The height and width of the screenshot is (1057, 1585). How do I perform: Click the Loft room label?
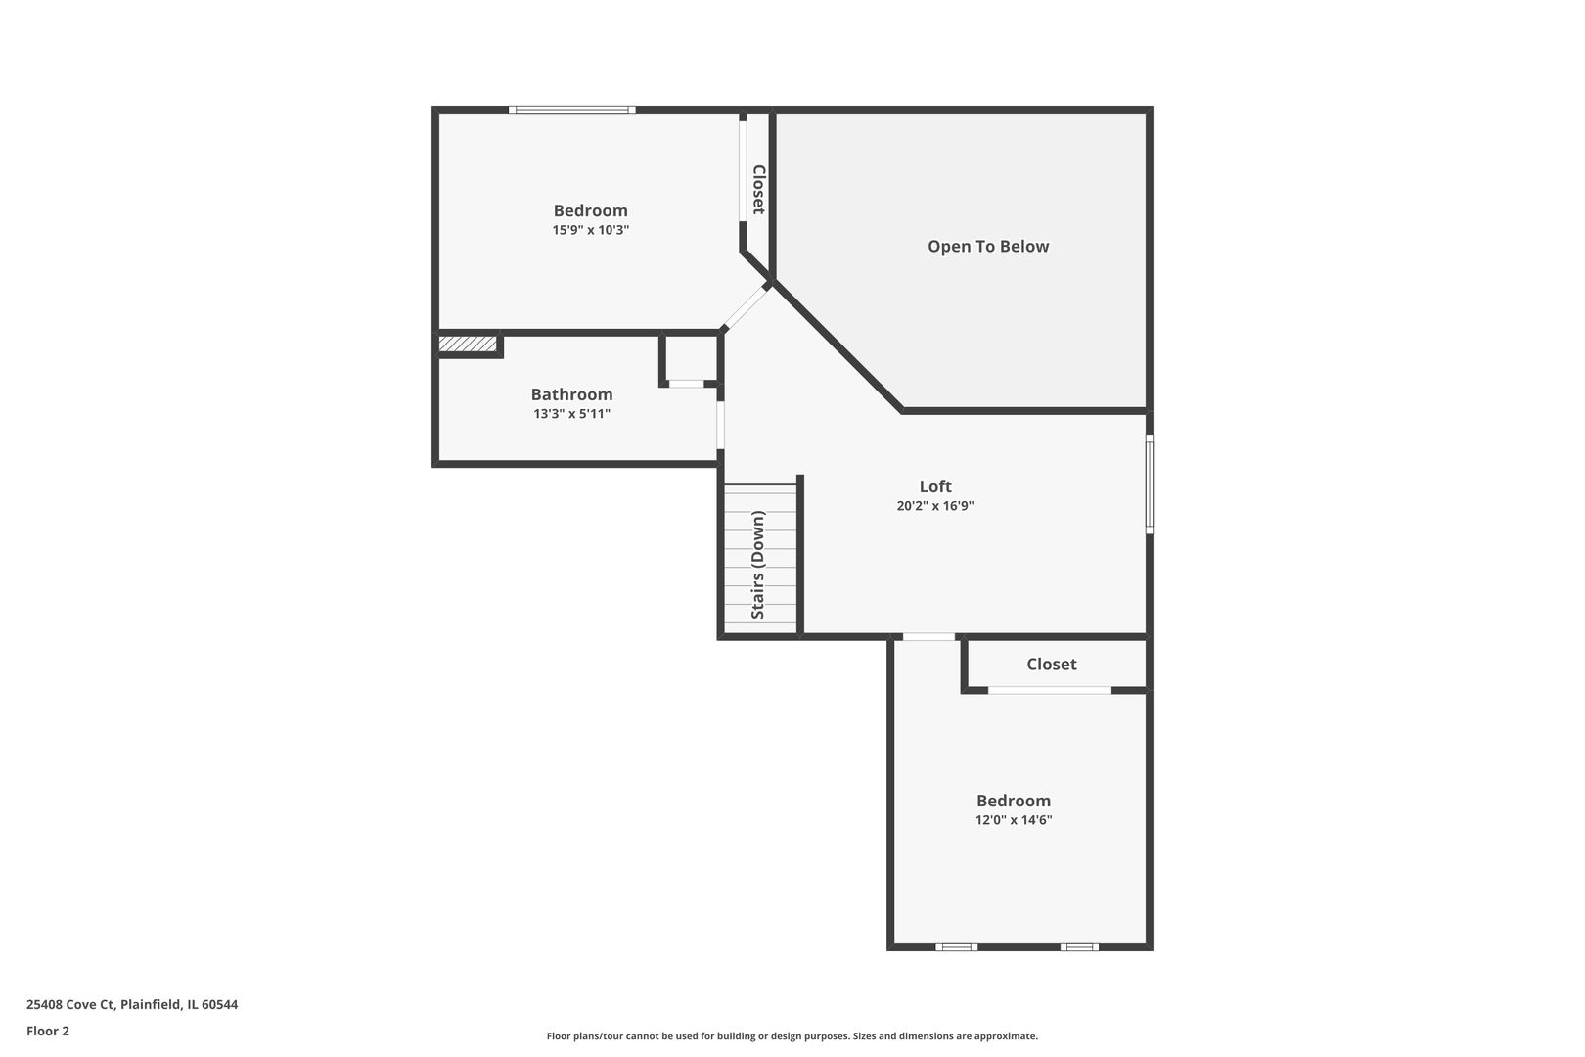[x=934, y=486]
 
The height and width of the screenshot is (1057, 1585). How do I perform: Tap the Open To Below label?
[x=988, y=247]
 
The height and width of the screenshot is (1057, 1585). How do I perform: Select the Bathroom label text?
[x=571, y=394]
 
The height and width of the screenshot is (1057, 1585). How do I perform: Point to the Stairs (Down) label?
[x=758, y=565]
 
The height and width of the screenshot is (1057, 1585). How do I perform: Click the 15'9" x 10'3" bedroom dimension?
[x=590, y=230]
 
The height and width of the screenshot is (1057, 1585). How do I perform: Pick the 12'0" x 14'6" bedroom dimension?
[x=1013, y=820]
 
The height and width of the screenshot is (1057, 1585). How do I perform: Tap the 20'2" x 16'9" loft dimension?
[x=934, y=506]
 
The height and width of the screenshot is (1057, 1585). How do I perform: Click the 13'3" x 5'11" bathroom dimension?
[x=571, y=414]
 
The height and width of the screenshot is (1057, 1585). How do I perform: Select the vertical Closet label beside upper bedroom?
[x=758, y=189]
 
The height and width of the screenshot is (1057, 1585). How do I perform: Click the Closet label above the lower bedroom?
[x=1051, y=664]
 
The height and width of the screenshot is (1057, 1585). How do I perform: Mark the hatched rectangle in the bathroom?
[x=468, y=344]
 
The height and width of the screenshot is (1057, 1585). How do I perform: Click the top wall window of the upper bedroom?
[x=572, y=110]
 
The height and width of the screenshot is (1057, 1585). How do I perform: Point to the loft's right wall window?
[x=1150, y=484]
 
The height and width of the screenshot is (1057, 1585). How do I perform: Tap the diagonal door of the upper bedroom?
[x=746, y=306]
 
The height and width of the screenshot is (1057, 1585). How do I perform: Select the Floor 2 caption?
[x=48, y=1031]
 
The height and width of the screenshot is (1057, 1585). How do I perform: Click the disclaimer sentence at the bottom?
[x=792, y=1035]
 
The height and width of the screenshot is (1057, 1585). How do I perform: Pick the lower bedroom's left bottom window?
[x=956, y=946]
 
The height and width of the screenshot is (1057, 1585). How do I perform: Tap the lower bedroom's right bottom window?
[x=1079, y=946]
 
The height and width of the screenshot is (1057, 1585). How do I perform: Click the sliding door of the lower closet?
[x=1049, y=690]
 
